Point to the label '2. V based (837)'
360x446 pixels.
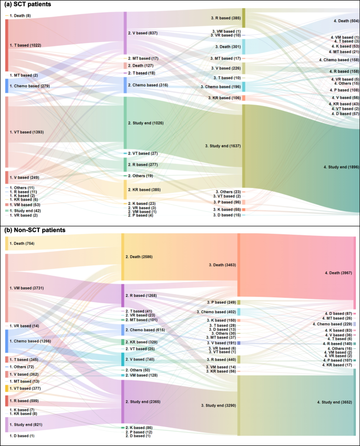click(x=143, y=33)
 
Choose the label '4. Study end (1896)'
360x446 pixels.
click(x=341, y=167)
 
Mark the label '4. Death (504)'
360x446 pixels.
click(x=345, y=20)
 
